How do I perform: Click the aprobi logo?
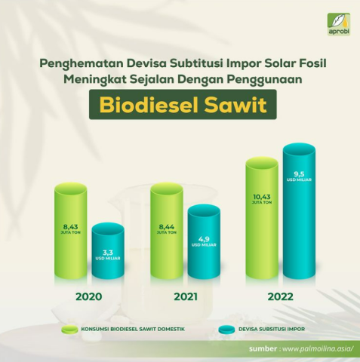click(x=337, y=22)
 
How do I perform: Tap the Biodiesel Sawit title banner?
click(x=180, y=105)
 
